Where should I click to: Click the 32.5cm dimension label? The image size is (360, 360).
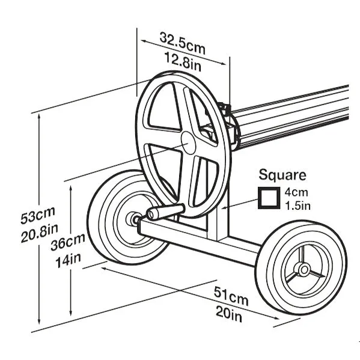click(x=182, y=43)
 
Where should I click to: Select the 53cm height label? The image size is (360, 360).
click(x=38, y=215)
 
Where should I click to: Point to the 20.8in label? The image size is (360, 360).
click(x=39, y=233)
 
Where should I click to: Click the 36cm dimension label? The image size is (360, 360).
click(x=68, y=242)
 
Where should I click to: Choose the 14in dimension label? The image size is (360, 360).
click(x=69, y=260)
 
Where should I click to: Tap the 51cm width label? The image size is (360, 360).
click(x=231, y=296)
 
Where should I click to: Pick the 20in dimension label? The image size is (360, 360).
click(x=229, y=314)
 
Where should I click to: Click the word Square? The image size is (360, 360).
click(x=282, y=175)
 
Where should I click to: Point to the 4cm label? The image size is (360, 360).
click(x=296, y=192)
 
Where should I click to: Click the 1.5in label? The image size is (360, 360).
click(x=297, y=206)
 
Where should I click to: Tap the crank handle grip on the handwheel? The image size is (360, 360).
click(x=165, y=212)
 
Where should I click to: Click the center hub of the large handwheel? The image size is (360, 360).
click(x=188, y=143)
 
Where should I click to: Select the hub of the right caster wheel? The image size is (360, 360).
click(x=304, y=269)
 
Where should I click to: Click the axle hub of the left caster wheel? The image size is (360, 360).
click(x=134, y=219)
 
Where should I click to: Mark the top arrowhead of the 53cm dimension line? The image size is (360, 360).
click(x=39, y=117)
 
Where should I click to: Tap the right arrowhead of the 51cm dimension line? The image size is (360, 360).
click(x=276, y=318)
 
